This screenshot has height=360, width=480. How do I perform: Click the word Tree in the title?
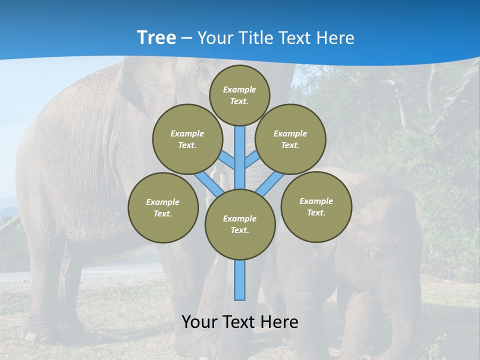point(156,37)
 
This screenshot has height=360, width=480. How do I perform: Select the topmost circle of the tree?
point(239,95)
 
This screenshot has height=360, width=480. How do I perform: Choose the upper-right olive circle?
point(290,139)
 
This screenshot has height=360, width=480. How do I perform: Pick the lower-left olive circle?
point(163,207)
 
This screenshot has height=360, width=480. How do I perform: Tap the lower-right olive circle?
point(316,206)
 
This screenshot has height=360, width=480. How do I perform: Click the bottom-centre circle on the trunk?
point(240,224)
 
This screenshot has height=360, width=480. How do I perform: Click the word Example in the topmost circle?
point(239,89)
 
